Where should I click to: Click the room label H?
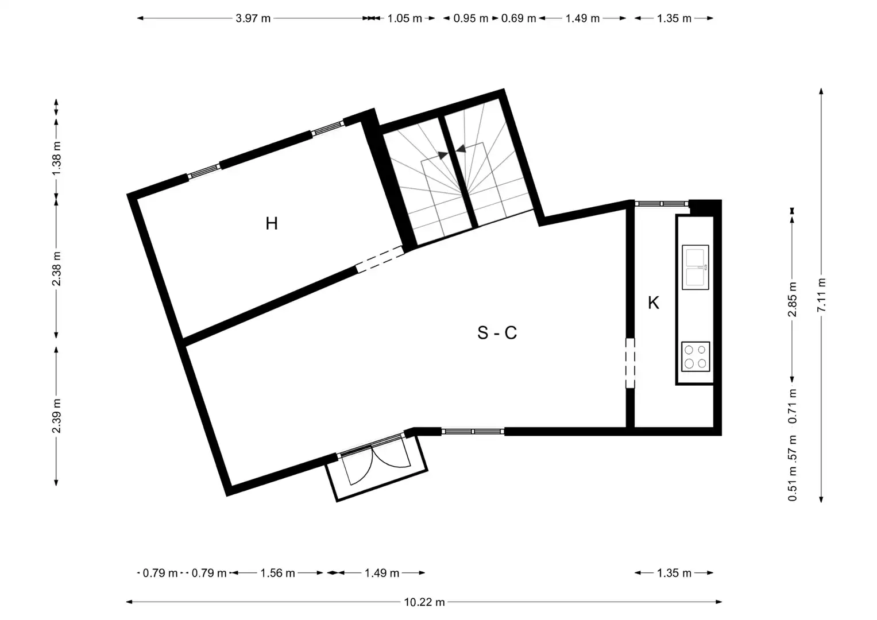click(x=272, y=223)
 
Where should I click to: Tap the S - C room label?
click(x=497, y=333)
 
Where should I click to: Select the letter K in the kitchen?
click(x=653, y=303)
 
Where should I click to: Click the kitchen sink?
click(x=696, y=268)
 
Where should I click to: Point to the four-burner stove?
click(x=696, y=356)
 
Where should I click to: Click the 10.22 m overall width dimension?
click(x=424, y=602)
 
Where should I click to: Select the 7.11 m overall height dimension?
click(x=821, y=294)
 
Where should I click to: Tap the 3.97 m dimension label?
click(x=253, y=18)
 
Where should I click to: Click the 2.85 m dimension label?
click(x=792, y=300)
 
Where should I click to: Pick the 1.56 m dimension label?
click(x=277, y=573)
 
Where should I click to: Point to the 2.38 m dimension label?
click(x=56, y=269)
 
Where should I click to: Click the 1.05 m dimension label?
click(x=405, y=18)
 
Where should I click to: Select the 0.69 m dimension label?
click(x=519, y=18)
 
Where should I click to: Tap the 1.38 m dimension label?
click(x=56, y=158)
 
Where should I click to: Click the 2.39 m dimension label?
click(x=56, y=416)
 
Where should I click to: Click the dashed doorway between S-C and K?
click(x=630, y=363)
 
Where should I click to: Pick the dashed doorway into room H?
click(x=380, y=259)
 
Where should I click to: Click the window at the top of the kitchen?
click(x=661, y=204)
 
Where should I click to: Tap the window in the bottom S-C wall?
click(x=473, y=431)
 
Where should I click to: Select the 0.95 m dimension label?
click(x=470, y=18)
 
